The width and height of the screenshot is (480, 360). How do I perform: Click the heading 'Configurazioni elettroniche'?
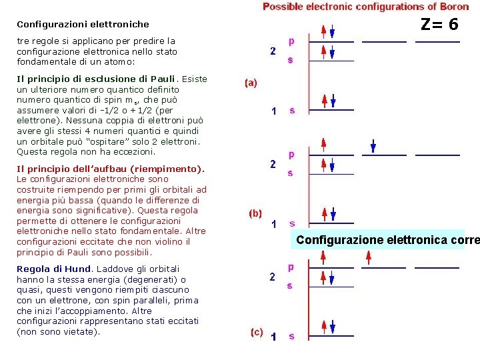[83, 25]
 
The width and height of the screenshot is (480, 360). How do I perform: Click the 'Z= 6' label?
[439, 24]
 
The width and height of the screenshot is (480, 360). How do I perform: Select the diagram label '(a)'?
[251, 83]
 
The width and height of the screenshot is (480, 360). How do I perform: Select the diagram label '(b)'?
[255, 213]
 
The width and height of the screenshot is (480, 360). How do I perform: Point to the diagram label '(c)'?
[257, 331]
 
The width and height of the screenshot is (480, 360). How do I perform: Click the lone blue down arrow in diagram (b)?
[373, 147]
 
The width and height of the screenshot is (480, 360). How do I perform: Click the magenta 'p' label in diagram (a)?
[291, 41]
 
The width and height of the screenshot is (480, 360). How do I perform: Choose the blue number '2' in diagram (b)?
[273, 164]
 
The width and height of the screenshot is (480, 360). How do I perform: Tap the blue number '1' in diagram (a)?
[273, 111]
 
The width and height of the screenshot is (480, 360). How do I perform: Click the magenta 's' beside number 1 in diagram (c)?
[291, 336]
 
